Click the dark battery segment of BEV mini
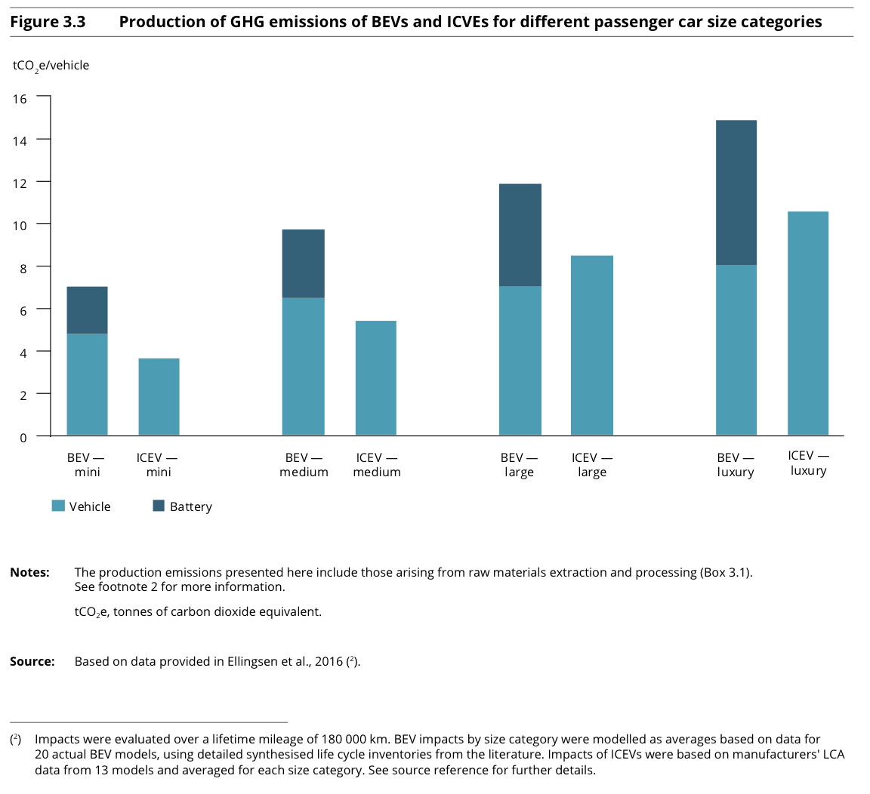[88, 310]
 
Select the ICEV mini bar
[159, 396]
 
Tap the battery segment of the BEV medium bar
[304, 263]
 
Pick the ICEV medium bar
[376, 377]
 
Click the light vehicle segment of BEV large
[520, 360]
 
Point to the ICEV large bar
[592, 345]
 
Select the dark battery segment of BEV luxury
[736, 192]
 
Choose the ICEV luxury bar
[808, 323]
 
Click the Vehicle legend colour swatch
[58, 506]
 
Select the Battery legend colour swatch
[159, 506]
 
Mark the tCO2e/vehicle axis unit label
[51, 66]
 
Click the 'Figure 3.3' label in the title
[48, 22]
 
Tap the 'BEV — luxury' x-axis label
[736, 465]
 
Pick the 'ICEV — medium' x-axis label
[377, 465]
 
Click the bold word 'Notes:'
[29, 572]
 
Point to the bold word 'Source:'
[32, 662]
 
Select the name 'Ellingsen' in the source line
[254, 662]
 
